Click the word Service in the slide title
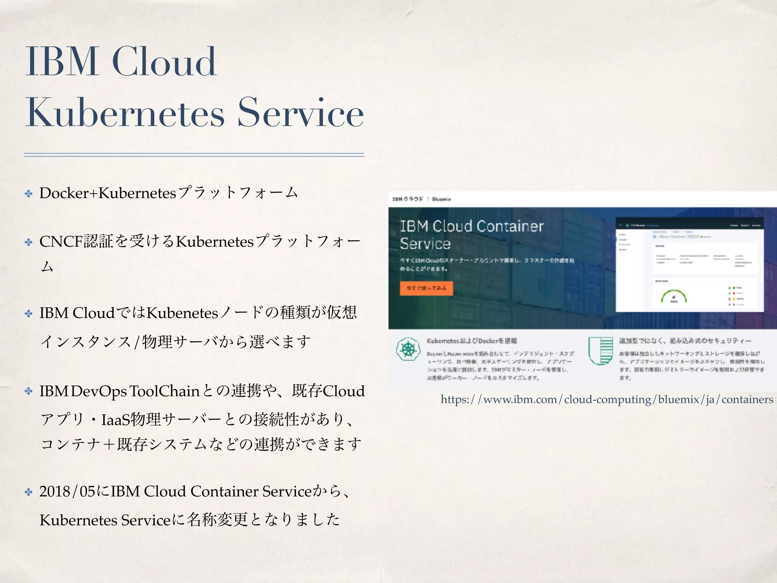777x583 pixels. [x=300, y=113]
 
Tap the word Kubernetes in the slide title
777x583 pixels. [x=125, y=113]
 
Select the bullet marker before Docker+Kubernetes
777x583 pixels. [x=29, y=194]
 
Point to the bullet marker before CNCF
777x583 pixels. [x=29, y=242]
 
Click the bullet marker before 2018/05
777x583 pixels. [x=29, y=492]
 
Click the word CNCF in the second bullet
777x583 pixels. [x=61, y=241]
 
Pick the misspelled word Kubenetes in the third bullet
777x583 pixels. [x=182, y=313]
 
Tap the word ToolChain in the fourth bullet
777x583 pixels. [x=164, y=391]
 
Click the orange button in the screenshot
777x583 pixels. [x=426, y=288]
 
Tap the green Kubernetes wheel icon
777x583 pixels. [x=408, y=349]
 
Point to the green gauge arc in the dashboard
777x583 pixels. [x=674, y=295]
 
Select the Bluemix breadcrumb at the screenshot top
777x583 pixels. [x=441, y=199]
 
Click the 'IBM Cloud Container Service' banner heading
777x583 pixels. [x=472, y=235]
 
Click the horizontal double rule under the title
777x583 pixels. [x=194, y=155]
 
